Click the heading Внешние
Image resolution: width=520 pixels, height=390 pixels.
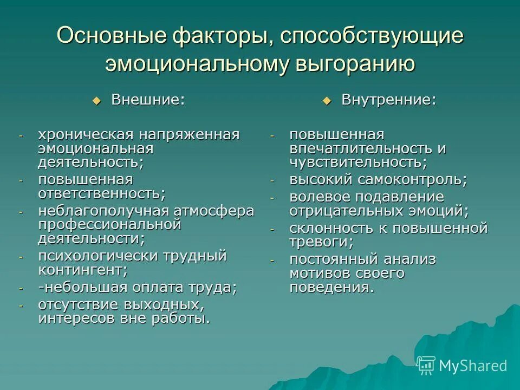147,100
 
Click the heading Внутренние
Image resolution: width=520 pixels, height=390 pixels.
388,100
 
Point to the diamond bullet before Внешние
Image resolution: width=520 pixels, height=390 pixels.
97,100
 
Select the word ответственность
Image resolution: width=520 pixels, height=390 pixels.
101,193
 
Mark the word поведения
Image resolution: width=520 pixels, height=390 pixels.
331,287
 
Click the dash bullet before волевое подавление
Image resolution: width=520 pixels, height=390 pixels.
272,198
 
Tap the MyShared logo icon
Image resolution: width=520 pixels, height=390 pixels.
426,365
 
